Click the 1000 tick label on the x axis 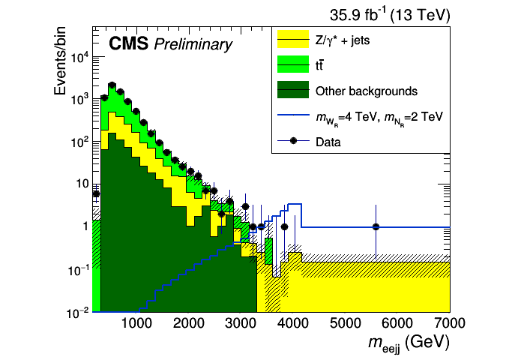coord(136,324)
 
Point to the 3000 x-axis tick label coord(241,324)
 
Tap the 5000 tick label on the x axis coord(346,324)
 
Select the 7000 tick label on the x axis coord(449,324)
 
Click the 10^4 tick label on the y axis coord(78,58)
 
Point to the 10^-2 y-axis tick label coord(77,312)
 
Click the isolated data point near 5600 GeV coord(376,226)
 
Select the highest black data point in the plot coord(112,85)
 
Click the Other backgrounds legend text coord(366,91)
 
